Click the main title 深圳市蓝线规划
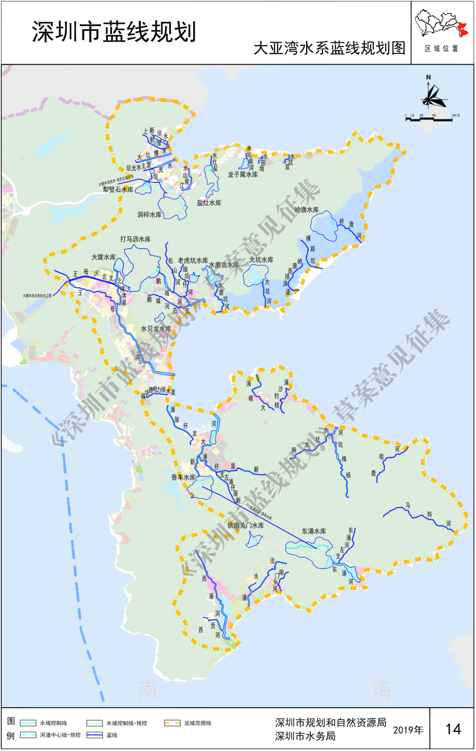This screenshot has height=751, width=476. point(114,32)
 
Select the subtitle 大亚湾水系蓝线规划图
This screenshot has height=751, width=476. point(329,48)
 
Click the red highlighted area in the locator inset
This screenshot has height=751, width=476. point(463,30)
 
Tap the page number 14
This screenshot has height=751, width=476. point(453,729)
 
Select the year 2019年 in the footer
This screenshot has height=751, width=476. point(408,730)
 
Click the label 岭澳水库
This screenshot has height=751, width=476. point(306,210)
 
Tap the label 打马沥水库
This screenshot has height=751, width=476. point(135,239)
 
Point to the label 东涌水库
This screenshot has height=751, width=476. point(314,531)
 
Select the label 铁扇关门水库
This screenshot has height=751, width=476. point(245,525)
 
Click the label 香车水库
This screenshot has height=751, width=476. point(183,477)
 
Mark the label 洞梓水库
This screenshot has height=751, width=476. point(149,215)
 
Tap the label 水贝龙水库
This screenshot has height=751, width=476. point(156,329)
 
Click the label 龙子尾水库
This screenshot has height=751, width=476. point(242,175)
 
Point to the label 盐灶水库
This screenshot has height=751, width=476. point(209,203)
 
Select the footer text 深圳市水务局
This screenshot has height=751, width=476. point(305,736)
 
